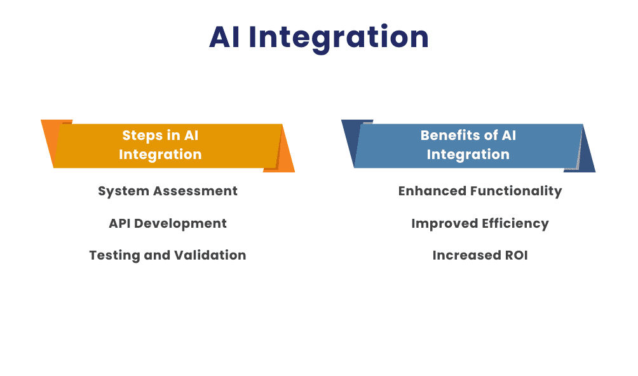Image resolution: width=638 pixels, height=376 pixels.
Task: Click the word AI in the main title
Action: (224, 38)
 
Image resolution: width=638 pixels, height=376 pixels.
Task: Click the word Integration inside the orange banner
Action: (160, 155)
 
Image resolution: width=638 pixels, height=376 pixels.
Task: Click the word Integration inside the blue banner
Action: (468, 155)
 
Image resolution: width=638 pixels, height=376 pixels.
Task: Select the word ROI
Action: (513, 255)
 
